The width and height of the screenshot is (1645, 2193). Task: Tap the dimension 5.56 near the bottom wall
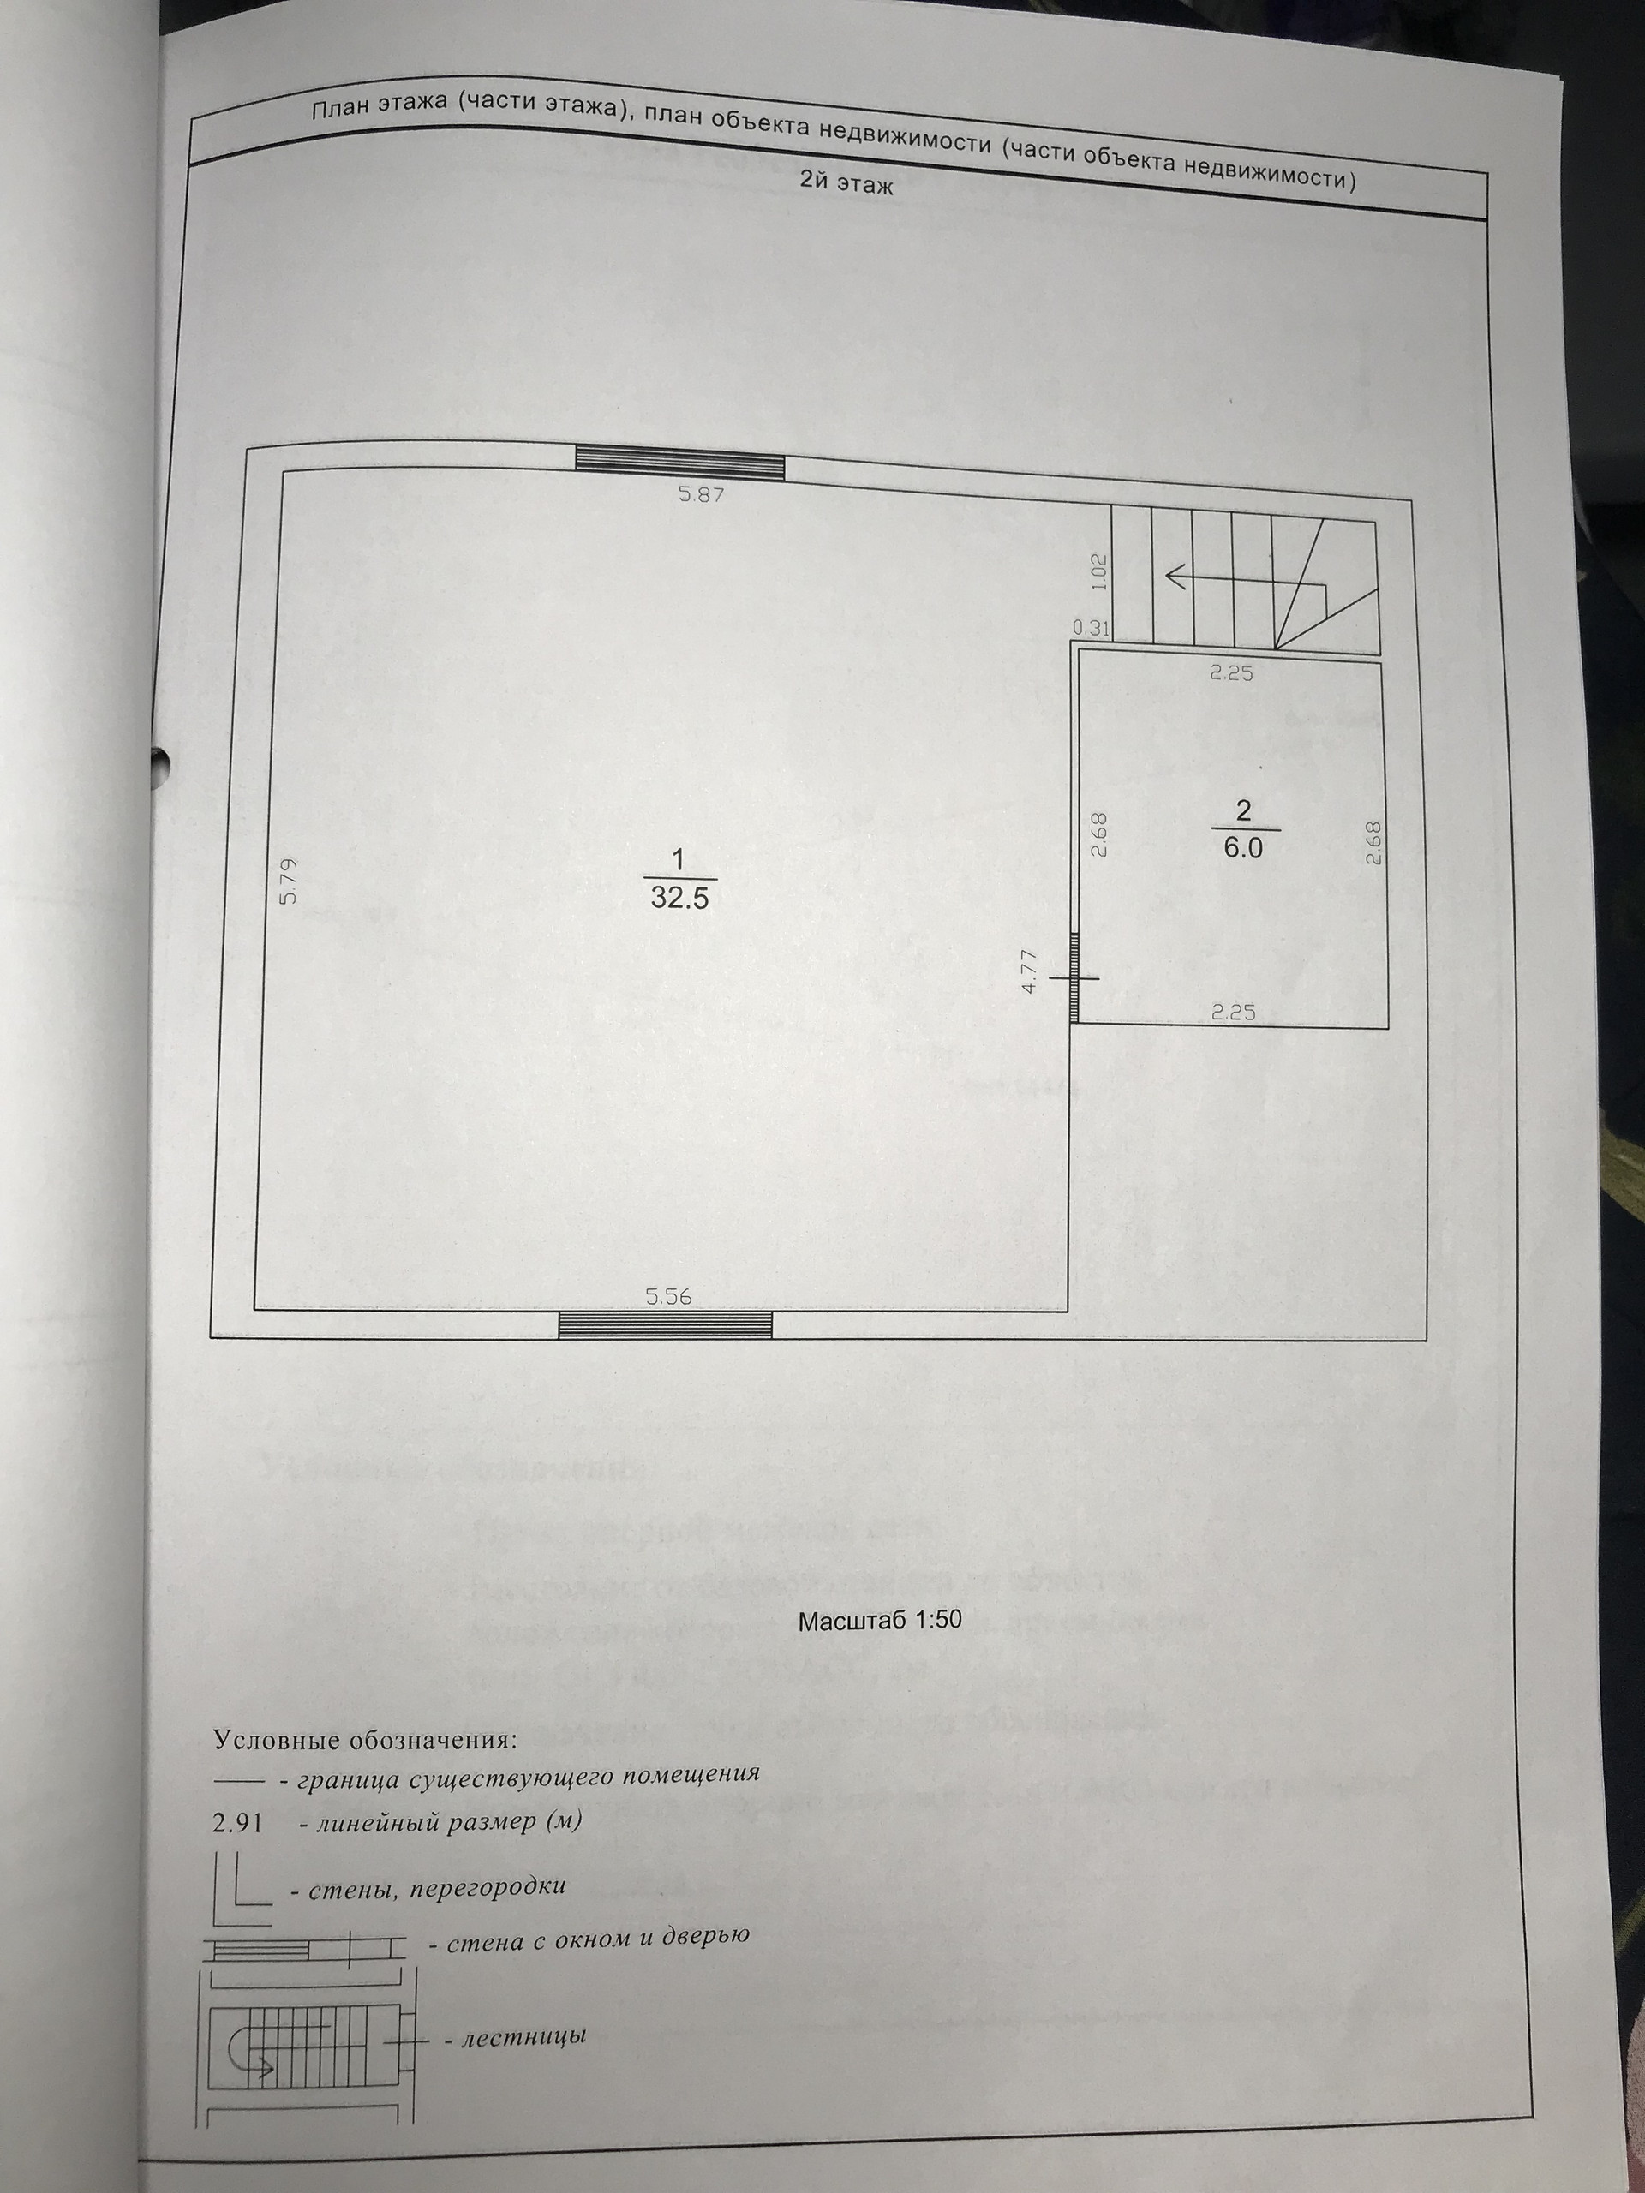[x=668, y=1296]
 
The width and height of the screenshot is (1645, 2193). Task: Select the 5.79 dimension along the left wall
[x=289, y=881]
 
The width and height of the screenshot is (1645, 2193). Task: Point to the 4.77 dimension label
[x=1029, y=972]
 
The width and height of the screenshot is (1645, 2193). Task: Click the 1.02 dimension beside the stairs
[x=1098, y=572]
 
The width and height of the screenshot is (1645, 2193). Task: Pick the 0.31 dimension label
[x=1090, y=628]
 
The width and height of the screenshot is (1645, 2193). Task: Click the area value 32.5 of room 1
[x=679, y=899]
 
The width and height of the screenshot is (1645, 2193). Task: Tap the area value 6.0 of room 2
[x=1242, y=849]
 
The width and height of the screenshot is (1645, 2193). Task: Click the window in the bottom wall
[x=666, y=1324]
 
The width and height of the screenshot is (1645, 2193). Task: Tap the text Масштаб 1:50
[x=880, y=1621]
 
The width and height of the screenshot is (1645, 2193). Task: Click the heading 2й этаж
[x=846, y=184]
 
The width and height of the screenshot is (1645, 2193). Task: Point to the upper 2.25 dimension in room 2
[x=1231, y=673]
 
